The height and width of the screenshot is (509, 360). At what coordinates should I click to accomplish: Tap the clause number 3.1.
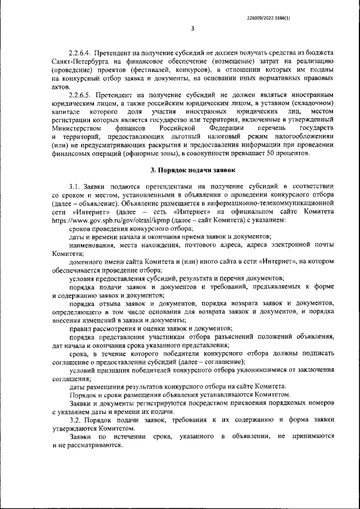tap(75, 185)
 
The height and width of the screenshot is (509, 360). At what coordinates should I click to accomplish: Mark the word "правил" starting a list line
tap(80, 328)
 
